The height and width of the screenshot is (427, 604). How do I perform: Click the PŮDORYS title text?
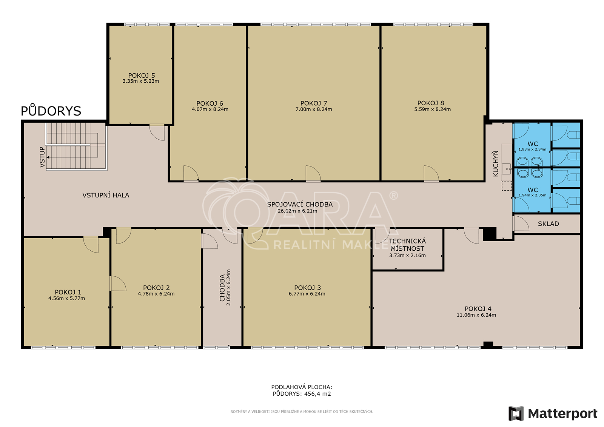click(x=51, y=111)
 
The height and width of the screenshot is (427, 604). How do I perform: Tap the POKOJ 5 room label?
click(x=141, y=76)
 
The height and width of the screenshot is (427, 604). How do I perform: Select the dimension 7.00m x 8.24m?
click(x=314, y=109)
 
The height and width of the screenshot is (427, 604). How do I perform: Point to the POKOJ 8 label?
click(x=431, y=103)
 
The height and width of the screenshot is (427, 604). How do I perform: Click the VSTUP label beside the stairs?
click(x=42, y=157)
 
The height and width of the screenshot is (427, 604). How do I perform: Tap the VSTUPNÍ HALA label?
click(x=106, y=195)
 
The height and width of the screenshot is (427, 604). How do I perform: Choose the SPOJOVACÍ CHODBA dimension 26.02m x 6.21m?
click(x=297, y=211)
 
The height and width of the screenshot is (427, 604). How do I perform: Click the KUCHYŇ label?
click(x=496, y=164)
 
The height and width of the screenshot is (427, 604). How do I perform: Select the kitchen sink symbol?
click(x=507, y=169)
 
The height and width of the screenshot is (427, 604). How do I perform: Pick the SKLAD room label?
click(x=549, y=224)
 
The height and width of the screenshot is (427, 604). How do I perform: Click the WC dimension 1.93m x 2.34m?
click(x=532, y=150)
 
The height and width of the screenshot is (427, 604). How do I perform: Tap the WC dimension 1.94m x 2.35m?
click(x=533, y=195)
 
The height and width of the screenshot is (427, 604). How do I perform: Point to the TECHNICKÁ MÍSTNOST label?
click(x=407, y=245)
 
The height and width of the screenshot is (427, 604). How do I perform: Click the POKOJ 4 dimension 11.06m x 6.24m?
click(x=476, y=315)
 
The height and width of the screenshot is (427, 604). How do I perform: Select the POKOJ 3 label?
click(x=307, y=288)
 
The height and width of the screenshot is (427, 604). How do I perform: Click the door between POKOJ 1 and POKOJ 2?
click(x=118, y=284)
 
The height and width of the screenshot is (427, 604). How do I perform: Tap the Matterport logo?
click(x=553, y=413)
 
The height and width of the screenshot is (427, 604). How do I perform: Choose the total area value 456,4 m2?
click(x=317, y=393)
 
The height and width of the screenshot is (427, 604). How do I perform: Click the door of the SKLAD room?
click(x=521, y=224)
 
